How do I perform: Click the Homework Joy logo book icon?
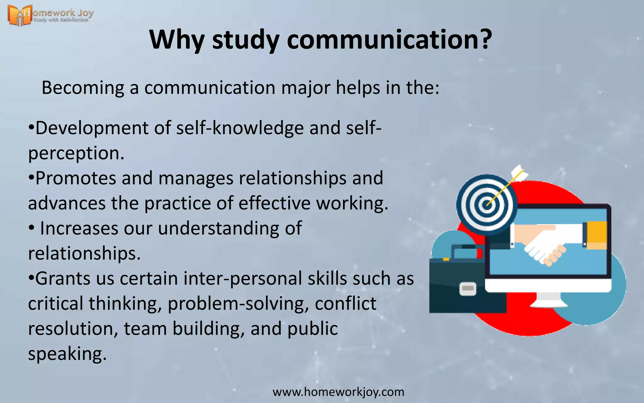pyautogui.click(x=19, y=15)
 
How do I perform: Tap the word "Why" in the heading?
pyautogui.click(x=177, y=40)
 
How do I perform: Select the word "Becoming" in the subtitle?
pyautogui.click(x=83, y=88)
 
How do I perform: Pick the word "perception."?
pyautogui.click(x=76, y=153)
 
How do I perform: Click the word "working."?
pyautogui.click(x=352, y=203)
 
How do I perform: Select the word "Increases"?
pyautogui.click(x=79, y=229)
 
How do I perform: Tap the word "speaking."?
pyautogui.click(x=68, y=354)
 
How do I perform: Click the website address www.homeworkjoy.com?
pyautogui.click(x=338, y=392)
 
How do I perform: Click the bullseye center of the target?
pyautogui.click(x=486, y=205)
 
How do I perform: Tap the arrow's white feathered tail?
pyautogui.click(x=519, y=173)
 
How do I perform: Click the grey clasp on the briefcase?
pyautogui.click(x=468, y=288)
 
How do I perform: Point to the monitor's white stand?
pyautogui.click(x=549, y=299)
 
